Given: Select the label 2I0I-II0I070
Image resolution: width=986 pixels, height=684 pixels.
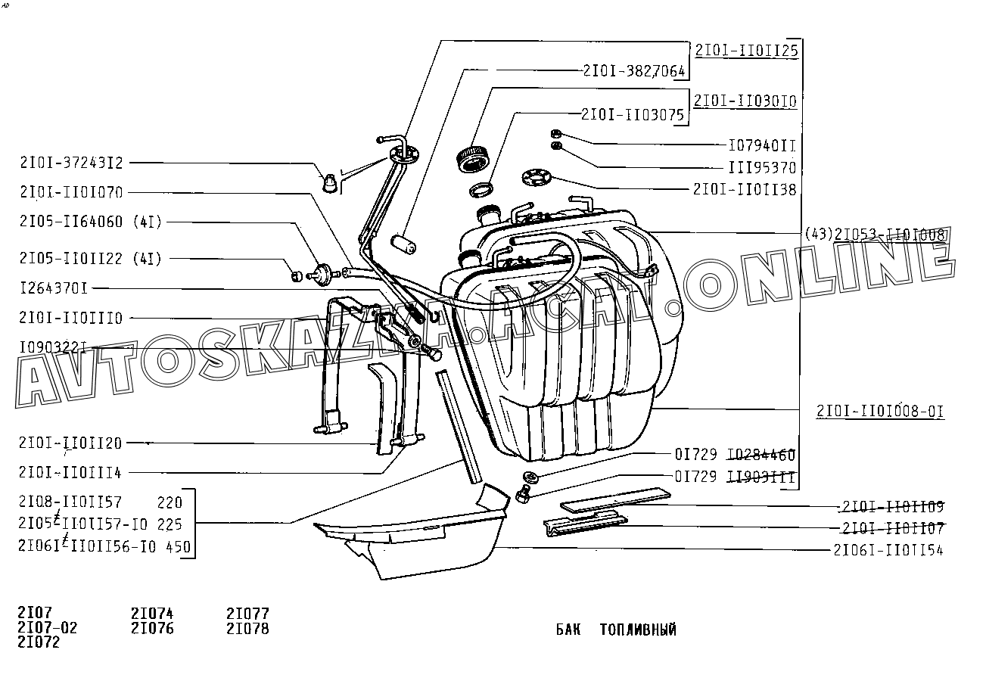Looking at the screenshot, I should coord(72,192).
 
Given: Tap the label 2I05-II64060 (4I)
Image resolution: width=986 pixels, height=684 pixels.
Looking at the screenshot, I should coord(91,222).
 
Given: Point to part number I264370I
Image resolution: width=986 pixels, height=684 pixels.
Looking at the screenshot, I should coord(54,288).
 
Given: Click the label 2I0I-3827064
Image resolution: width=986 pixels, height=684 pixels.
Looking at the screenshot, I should coord(634,70).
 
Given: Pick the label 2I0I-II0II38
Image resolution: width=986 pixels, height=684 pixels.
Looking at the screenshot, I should coord(745,189).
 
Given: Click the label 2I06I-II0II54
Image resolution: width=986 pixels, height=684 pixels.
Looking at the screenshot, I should coord(888,550).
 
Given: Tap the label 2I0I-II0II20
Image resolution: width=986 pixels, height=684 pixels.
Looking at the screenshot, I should coord(70,443).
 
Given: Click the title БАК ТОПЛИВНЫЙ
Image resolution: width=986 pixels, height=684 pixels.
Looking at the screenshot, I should coord(616,630).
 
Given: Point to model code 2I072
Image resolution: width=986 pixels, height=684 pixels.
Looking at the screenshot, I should coord(39,642).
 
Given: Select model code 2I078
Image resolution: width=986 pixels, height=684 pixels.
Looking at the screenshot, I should coord(247,628).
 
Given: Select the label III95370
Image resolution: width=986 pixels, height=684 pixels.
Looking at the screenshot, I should coord(762,167).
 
